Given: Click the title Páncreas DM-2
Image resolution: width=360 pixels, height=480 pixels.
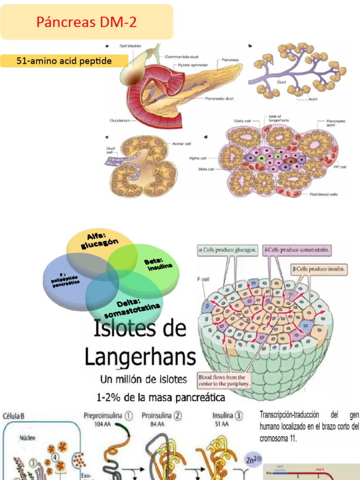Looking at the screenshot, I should (87, 22).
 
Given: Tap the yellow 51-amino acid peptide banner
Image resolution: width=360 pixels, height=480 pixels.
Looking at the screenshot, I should (64, 61).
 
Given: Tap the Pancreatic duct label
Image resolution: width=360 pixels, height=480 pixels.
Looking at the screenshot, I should (220, 98).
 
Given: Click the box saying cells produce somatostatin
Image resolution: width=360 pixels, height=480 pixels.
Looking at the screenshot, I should (297, 250).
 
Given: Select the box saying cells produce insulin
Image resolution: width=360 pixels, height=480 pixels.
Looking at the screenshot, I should (320, 269).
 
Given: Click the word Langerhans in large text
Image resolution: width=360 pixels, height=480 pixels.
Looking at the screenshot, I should (140, 358).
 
